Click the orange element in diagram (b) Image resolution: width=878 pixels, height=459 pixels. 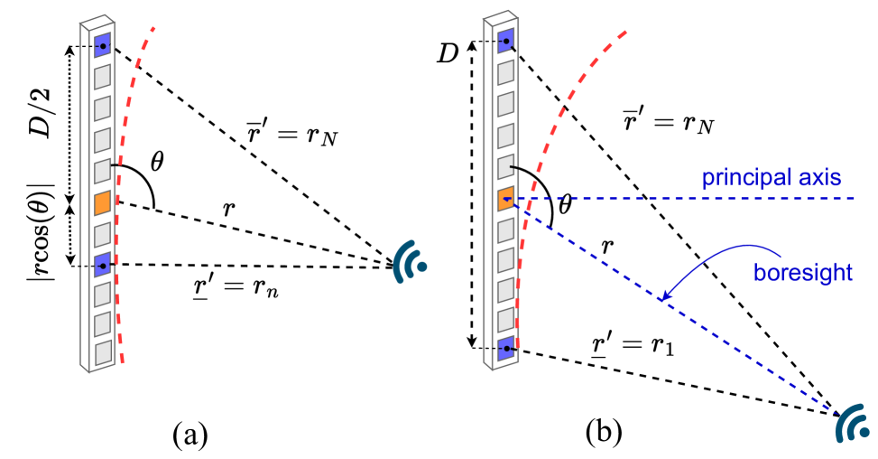pos(506,199)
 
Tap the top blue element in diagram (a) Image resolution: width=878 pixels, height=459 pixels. pos(104,43)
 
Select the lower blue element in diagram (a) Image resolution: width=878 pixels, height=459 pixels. pos(104,264)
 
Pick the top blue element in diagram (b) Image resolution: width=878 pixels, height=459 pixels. pos(506,42)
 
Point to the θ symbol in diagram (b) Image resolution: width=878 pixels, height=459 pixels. pos(566,205)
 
